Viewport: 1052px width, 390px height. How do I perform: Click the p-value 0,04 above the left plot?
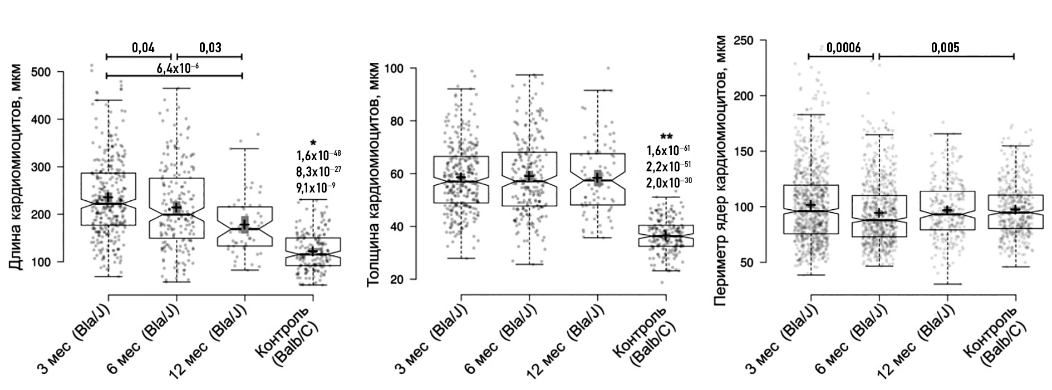143,47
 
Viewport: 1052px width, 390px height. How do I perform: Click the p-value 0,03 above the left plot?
210,47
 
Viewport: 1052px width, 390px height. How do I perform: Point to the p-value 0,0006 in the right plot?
843,47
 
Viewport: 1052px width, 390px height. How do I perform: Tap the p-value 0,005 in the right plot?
945,47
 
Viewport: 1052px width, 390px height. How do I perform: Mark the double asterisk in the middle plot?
666,136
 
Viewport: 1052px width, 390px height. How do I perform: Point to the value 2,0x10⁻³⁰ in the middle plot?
668,181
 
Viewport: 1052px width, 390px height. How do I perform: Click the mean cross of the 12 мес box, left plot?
244,225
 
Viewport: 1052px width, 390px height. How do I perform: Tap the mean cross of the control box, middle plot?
665,235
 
